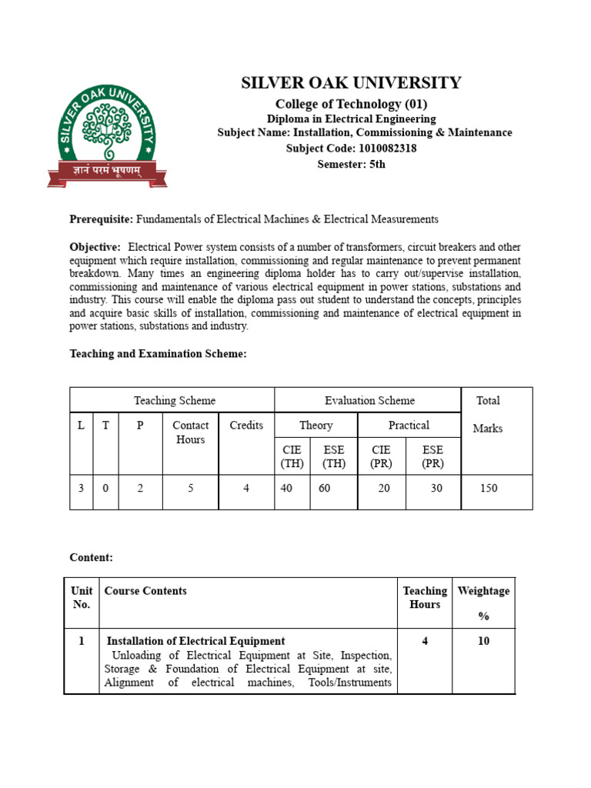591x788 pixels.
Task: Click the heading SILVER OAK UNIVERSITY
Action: pos(351,83)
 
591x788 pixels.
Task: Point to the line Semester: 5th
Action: pos(351,164)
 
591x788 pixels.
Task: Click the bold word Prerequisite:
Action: pos(102,219)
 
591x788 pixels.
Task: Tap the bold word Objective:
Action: pos(95,247)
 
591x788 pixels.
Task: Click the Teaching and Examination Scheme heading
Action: pos(158,353)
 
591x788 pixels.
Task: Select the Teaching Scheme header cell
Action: pos(175,400)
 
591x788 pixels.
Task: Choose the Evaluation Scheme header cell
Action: pos(369,400)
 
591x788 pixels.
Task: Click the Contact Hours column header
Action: pos(190,432)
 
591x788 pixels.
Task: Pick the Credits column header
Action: pos(246,426)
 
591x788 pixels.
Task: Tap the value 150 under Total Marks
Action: pos(489,488)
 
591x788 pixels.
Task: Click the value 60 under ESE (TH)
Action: pos(324,488)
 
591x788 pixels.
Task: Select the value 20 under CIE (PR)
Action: pos(384,488)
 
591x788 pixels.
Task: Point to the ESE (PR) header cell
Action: pos(432,456)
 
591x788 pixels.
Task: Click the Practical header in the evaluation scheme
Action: pos(409,426)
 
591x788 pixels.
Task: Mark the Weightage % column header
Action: pos(483,603)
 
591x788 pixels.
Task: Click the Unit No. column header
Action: pos(82,597)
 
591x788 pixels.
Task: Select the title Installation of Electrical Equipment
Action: pos(195,641)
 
